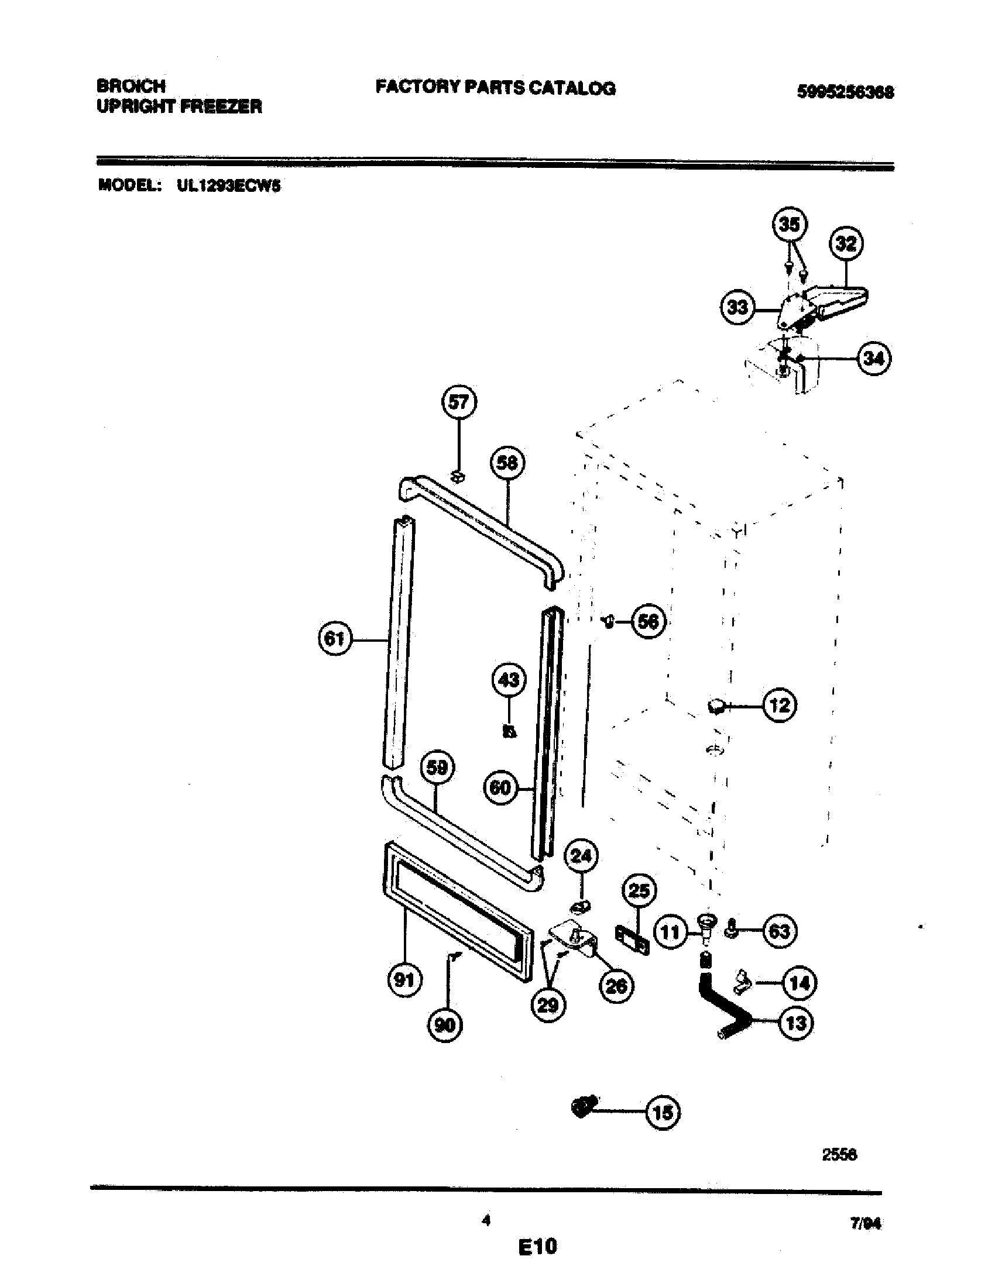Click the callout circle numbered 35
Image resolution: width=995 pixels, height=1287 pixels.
[790, 225]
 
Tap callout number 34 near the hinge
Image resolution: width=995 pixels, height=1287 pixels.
[874, 358]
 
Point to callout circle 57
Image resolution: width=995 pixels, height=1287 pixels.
[459, 402]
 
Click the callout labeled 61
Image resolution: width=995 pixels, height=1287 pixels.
[334, 639]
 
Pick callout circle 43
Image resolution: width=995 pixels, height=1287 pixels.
[509, 680]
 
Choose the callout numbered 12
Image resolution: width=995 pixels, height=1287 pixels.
[779, 706]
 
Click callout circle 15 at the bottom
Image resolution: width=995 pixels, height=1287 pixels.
[663, 1113]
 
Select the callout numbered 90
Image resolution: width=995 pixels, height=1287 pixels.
[445, 1026]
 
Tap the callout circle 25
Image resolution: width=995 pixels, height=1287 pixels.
[639, 891]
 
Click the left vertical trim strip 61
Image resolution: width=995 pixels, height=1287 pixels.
[400, 642]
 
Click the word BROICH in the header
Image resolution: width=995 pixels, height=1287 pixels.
[131, 86]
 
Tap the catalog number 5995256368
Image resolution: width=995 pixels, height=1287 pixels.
[845, 92]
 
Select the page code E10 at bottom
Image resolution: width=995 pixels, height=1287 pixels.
[537, 1247]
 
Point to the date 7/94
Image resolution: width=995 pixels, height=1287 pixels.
[865, 1224]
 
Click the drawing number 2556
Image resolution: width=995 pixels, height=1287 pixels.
[839, 1155]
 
